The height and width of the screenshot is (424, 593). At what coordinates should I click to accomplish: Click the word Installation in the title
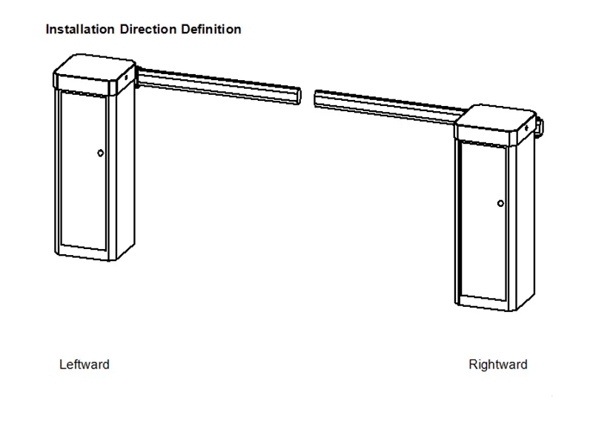[x=79, y=30]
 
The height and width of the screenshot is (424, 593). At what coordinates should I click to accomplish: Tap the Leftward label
[x=85, y=365]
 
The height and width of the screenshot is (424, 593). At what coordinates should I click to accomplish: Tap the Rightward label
[x=498, y=365]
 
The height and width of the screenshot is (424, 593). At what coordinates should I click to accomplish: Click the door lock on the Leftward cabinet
[x=100, y=153]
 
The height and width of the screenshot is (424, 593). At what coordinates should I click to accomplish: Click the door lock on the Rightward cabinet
[x=500, y=202]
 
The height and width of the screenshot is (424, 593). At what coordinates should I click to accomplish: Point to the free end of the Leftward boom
[x=297, y=96]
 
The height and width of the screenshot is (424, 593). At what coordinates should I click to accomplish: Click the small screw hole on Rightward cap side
[x=528, y=127]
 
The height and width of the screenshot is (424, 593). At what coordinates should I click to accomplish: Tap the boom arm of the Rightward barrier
[x=385, y=105]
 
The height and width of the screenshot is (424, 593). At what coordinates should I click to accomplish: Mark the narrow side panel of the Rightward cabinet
[x=522, y=222]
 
